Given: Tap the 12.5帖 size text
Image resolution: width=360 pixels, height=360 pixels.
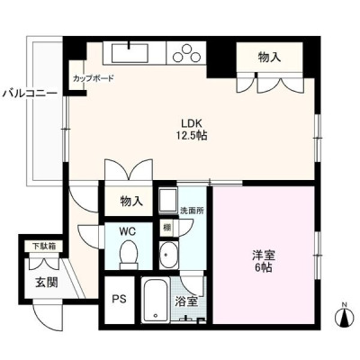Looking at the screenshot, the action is (x=193, y=136).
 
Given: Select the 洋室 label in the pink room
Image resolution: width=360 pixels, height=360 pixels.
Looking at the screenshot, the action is (x=264, y=256).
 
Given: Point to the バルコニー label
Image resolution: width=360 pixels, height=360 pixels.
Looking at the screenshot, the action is (x=30, y=94).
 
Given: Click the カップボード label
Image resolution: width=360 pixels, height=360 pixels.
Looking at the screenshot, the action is (x=94, y=78).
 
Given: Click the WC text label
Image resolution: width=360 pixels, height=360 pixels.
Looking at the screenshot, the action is (x=128, y=231).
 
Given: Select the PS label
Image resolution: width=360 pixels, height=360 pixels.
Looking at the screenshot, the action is (x=119, y=299).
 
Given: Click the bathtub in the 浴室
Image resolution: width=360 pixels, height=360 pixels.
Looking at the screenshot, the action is (x=156, y=300).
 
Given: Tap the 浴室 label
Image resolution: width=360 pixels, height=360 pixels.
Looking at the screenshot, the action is (x=186, y=301).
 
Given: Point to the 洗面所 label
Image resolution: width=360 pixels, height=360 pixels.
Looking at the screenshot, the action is (x=192, y=211).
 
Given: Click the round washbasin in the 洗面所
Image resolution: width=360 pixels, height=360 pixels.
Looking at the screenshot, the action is (x=168, y=255).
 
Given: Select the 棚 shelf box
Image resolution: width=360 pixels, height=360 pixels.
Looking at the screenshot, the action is (x=166, y=229).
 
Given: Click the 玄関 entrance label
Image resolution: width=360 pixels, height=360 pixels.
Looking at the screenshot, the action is (x=47, y=283).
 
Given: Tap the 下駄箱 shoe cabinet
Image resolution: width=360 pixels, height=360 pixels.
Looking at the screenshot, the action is (x=44, y=247).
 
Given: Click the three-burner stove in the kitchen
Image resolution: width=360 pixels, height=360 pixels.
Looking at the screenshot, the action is (x=186, y=53).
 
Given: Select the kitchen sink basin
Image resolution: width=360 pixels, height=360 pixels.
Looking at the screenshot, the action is (x=130, y=53).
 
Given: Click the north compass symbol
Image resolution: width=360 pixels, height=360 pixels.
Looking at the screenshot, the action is (x=345, y=316).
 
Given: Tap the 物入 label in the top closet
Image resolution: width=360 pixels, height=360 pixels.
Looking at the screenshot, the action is (x=270, y=58).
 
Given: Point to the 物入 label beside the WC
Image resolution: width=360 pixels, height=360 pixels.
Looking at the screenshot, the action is (x=131, y=202).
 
